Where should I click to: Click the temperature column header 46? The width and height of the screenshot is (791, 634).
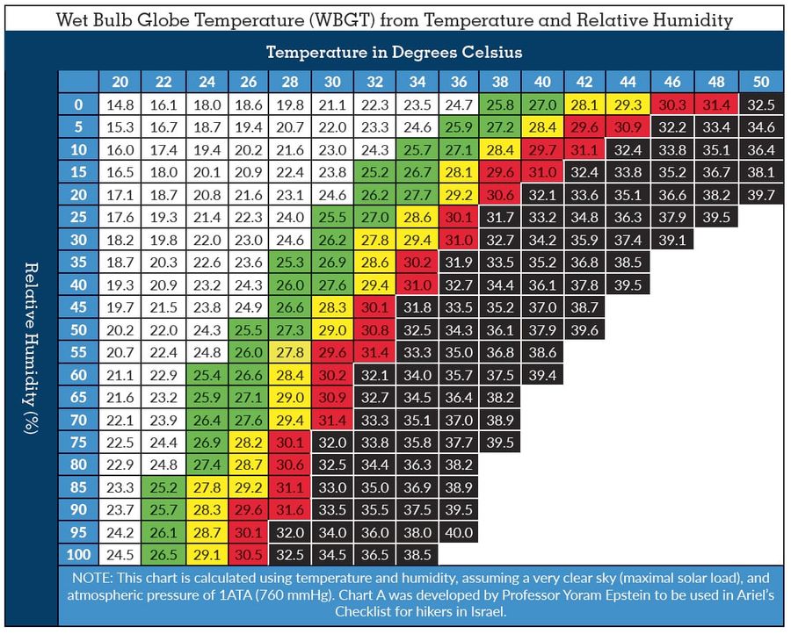pyautogui.click(x=672, y=82)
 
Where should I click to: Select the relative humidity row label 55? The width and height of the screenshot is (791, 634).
pyautogui.click(x=78, y=352)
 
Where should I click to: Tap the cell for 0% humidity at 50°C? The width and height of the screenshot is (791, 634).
pyautogui.click(x=761, y=104)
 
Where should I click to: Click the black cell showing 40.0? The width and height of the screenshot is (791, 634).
pyautogui.click(x=459, y=532)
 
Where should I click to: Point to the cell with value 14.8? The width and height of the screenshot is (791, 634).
pyautogui.click(x=120, y=104)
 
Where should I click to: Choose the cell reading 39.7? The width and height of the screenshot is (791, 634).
pyautogui.click(x=761, y=195)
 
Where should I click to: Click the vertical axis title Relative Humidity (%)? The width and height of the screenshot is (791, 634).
pyautogui.click(x=32, y=348)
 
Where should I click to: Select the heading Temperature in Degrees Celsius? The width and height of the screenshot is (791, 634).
pyautogui.click(x=394, y=52)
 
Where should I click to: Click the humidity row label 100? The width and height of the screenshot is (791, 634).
pyautogui.click(x=78, y=555)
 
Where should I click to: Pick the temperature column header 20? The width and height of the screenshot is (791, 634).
pyautogui.click(x=120, y=82)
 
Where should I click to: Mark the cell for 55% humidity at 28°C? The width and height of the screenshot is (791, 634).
pyautogui.click(x=289, y=352)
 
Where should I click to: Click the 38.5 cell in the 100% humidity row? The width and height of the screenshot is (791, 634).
pyautogui.click(x=417, y=555)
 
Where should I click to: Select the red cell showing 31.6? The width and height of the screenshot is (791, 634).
pyautogui.click(x=289, y=509)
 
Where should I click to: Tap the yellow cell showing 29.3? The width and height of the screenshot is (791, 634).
pyautogui.click(x=628, y=104)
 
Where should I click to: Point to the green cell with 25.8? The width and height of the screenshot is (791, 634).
pyautogui.click(x=499, y=104)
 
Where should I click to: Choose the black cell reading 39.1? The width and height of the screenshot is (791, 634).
pyautogui.click(x=672, y=240)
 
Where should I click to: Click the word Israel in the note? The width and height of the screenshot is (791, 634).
pyautogui.click(x=487, y=612)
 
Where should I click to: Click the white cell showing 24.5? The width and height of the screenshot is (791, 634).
pyautogui.click(x=120, y=555)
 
